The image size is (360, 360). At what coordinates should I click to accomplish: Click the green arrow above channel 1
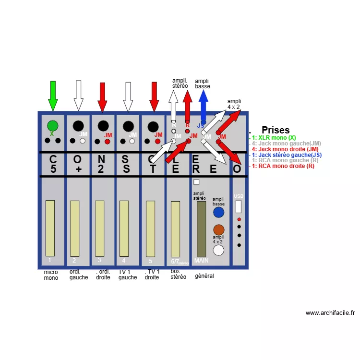[53, 95]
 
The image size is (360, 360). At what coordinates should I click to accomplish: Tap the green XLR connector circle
[53, 126]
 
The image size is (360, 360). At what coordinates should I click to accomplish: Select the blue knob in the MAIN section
[219, 213]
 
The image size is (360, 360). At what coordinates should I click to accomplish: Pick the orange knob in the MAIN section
[219, 229]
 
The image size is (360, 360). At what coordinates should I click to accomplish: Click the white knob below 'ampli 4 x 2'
[219, 250]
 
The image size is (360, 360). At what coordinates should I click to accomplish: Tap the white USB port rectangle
[239, 206]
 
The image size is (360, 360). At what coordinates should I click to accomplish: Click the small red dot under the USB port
[239, 219]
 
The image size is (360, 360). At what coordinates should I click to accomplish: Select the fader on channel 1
[50, 228]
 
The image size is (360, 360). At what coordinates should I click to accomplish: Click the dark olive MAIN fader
[201, 229]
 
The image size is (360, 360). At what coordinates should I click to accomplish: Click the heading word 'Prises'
[276, 130]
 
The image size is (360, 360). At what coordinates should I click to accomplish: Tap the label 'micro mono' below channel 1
[51, 275]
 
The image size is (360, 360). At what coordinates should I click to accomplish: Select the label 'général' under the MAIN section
[204, 276]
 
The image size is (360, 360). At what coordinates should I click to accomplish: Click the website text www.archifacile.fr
[330, 313]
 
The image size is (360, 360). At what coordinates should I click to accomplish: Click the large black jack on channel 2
[78, 126]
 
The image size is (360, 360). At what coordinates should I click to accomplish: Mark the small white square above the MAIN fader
[196, 182]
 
